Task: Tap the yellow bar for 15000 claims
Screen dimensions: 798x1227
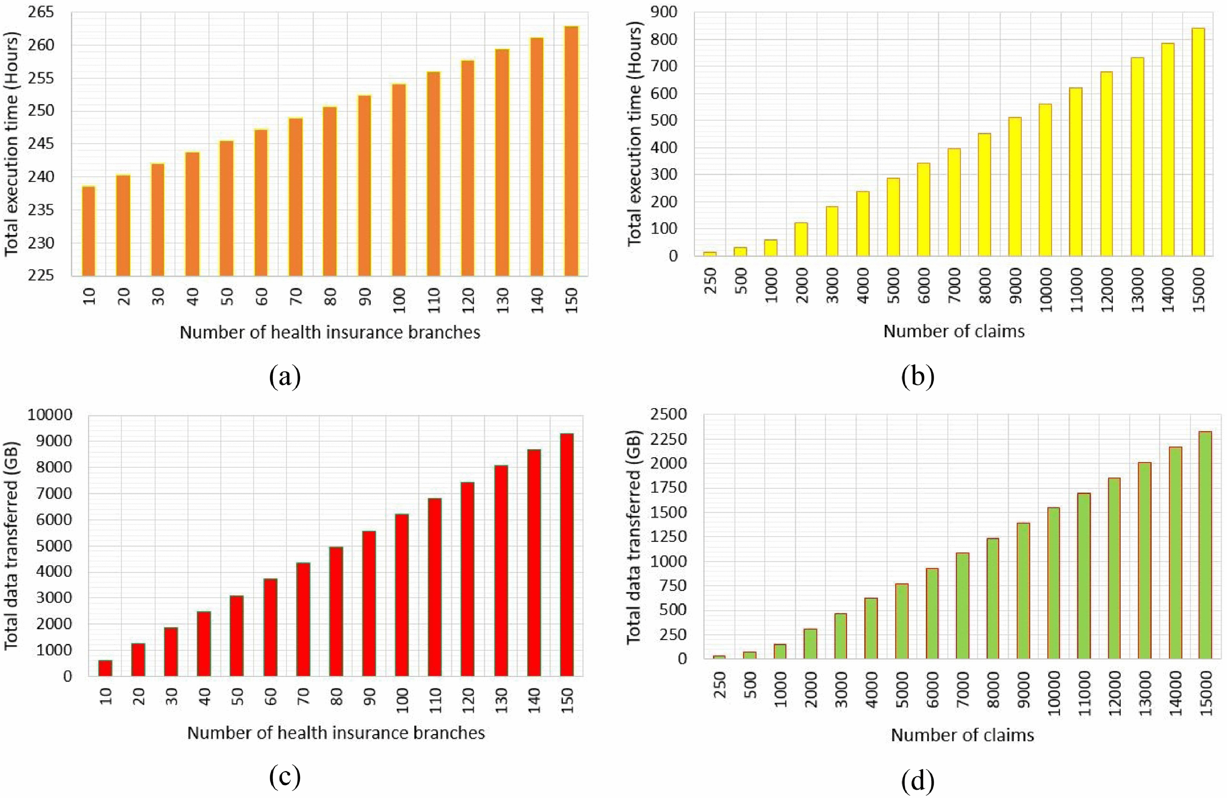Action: (x=1199, y=142)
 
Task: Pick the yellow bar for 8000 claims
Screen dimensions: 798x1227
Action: (x=984, y=195)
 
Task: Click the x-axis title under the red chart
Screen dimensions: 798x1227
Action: (x=336, y=733)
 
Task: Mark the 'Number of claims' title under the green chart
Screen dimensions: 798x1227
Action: (x=962, y=735)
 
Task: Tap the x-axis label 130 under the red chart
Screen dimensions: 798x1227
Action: (x=501, y=702)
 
